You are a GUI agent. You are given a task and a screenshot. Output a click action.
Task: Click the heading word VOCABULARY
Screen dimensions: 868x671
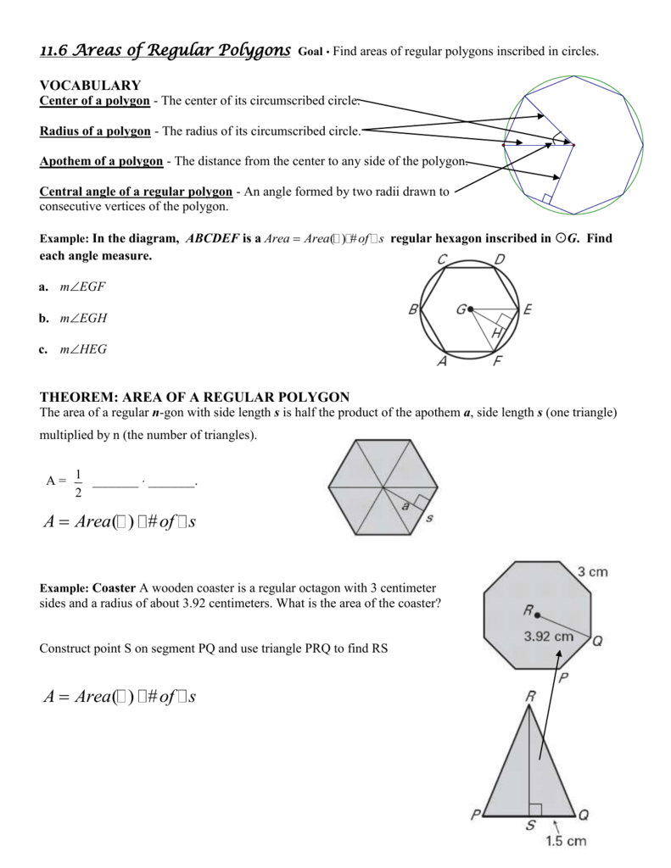pos(90,86)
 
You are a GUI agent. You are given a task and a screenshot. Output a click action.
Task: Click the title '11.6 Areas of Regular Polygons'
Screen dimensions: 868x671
pos(165,51)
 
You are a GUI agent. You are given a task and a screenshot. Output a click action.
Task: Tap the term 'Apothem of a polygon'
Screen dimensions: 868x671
pos(101,161)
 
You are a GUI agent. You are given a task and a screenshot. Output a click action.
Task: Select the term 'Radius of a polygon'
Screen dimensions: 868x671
pos(95,131)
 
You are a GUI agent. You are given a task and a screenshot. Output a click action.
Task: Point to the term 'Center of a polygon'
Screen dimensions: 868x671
pos(95,102)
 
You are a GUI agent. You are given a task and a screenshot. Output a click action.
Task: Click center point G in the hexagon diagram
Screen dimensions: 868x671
pos(470,309)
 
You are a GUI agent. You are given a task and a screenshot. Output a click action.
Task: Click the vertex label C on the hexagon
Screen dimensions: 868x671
pos(443,259)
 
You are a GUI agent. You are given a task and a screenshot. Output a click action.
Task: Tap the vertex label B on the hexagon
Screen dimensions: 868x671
pos(413,310)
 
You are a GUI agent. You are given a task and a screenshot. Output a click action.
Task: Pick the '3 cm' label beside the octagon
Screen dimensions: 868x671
pos(592,572)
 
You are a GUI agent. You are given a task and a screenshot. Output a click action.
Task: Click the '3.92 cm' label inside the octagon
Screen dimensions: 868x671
pos(549,635)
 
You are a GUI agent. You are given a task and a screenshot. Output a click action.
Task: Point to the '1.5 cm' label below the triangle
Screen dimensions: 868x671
pos(566,841)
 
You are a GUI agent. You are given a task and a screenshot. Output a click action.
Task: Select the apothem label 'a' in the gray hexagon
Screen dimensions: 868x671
pos(405,506)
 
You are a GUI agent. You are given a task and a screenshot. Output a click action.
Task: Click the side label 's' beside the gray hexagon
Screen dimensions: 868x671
pos(429,517)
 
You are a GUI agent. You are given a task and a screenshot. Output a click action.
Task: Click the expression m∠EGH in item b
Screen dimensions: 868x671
pos(83,318)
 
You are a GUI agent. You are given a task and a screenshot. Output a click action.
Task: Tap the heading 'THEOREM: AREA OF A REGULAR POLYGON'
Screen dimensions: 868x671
pos(194,397)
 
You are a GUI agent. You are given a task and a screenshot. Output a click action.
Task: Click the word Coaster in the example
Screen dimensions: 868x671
pos(115,587)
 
